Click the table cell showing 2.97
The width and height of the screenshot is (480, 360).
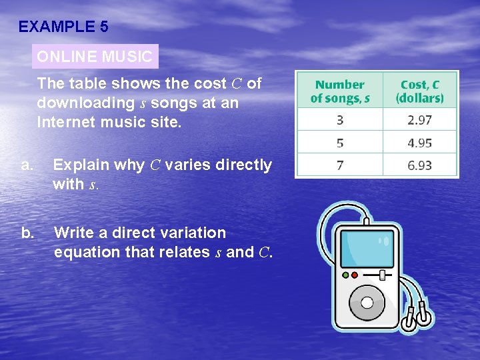[x=419, y=119]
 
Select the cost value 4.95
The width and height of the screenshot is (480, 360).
[x=419, y=143]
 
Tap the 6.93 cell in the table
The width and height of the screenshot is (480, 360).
[x=419, y=165]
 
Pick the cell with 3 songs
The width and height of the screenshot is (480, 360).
[x=340, y=119]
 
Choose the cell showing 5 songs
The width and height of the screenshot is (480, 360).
[x=340, y=143]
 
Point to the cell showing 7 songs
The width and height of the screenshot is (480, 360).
[x=340, y=165]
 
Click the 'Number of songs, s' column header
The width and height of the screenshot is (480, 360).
[x=340, y=91]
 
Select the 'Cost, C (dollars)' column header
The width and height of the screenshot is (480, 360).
[x=420, y=91]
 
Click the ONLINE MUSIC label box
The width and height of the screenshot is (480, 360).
[x=95, y=57]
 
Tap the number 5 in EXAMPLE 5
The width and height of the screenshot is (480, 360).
[x=103, y=27]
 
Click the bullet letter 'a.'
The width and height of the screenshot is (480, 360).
[x=27, y=165]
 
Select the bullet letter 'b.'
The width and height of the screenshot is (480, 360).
[x=27, y=233]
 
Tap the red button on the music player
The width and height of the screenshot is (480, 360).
[x=355, y=274]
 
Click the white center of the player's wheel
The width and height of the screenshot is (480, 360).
[x=367, y=302]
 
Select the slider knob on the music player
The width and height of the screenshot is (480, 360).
[x=381, y=275]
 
